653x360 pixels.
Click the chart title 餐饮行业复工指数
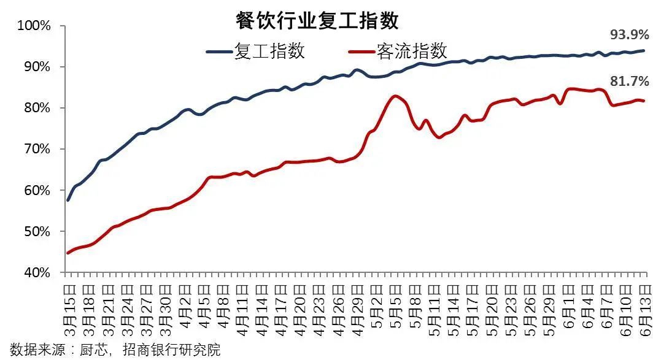click(317, 20)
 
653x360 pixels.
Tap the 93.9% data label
click(629, 35)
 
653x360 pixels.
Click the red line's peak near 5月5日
click(395, 96)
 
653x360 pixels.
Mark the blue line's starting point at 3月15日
click(68, 200)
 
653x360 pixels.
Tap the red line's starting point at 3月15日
click(68, 253)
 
